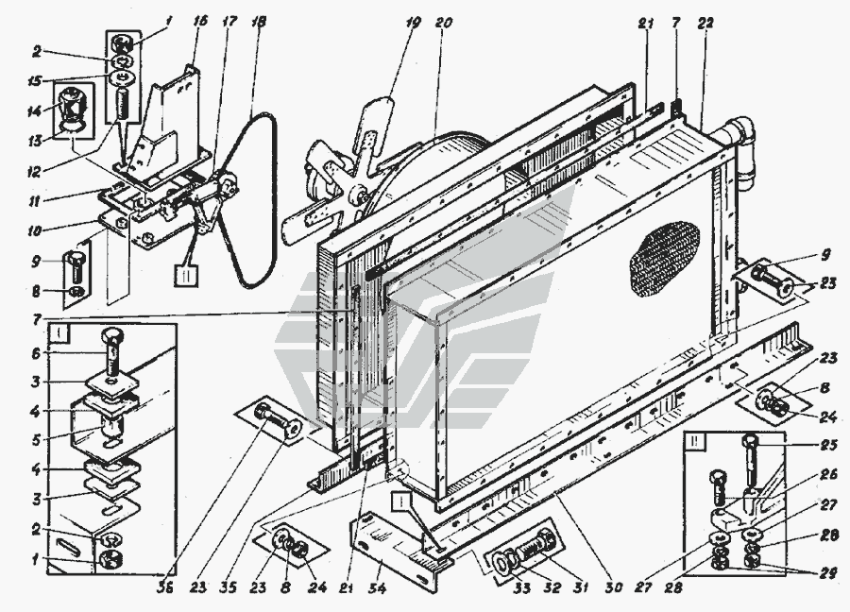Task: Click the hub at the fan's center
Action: pyautogui.click(x=357, y=197)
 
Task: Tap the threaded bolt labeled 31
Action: pyautogui.click(x=539, y=547)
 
